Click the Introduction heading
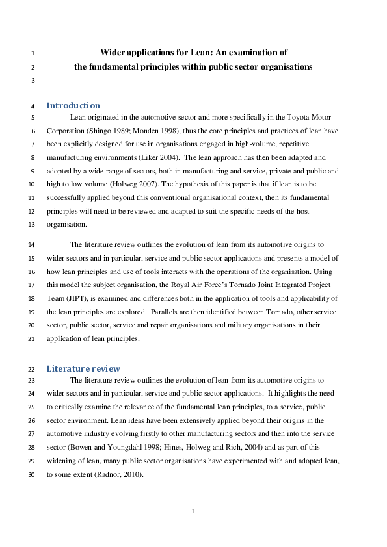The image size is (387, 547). (73, 105)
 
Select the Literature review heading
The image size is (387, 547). (83, 368)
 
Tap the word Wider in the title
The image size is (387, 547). (113, 52)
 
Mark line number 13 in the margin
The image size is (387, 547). (32, 225)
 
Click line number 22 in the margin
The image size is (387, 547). (32, 369)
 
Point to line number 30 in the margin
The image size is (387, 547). (32, 475)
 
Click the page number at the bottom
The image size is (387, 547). (193, 511)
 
